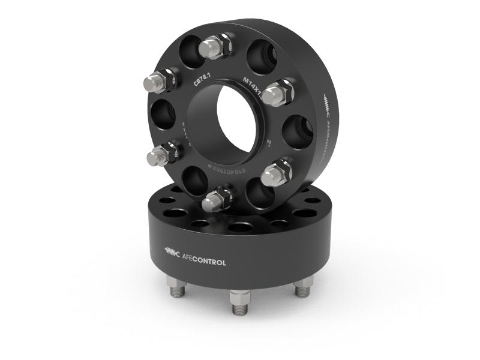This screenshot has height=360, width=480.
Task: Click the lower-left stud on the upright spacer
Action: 160,155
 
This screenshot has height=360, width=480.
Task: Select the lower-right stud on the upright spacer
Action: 275,174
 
